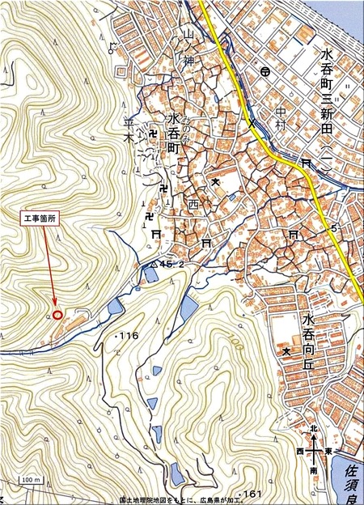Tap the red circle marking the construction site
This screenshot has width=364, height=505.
click(x=57, y=314)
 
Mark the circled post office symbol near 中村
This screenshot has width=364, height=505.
click(x=265, y=73)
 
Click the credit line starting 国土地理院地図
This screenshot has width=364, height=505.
click(x=181, y=499)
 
